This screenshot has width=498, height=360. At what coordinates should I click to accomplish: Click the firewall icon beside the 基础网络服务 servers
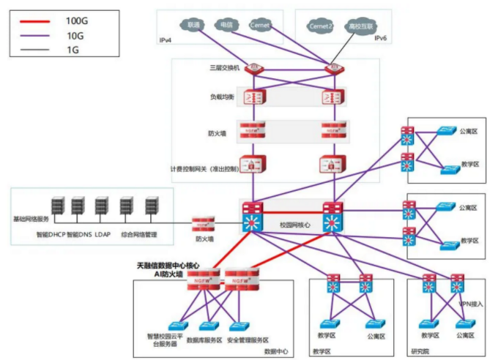(x=204, y=224)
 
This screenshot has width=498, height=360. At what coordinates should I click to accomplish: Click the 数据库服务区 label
(x=205, y=340)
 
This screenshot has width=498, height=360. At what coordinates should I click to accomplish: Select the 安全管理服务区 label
(x=248, y=340)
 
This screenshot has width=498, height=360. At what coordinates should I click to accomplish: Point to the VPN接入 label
(x=470, y=302)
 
